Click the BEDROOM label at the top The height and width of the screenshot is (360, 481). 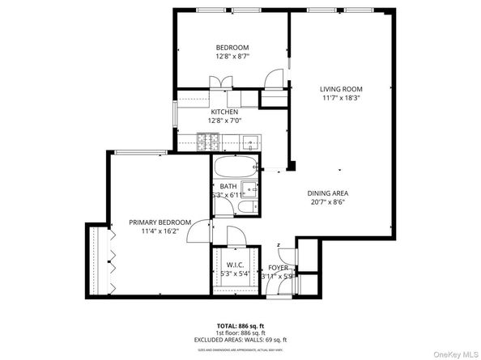[232, 48]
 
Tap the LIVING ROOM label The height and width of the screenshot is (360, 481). [340, 89]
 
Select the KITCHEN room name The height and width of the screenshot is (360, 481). [224, 112]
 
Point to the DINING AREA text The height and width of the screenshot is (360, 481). [328, 193]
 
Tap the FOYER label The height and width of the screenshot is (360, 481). [278, 267]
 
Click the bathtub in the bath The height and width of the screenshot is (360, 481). [236, 169]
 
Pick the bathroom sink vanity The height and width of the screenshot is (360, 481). [252, 190]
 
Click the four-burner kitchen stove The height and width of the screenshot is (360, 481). [207, 143]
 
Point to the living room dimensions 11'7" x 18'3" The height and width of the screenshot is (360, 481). [340, 100]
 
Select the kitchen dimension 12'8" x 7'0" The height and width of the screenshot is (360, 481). [224, 121]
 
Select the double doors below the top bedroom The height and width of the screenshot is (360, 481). [219, 82]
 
